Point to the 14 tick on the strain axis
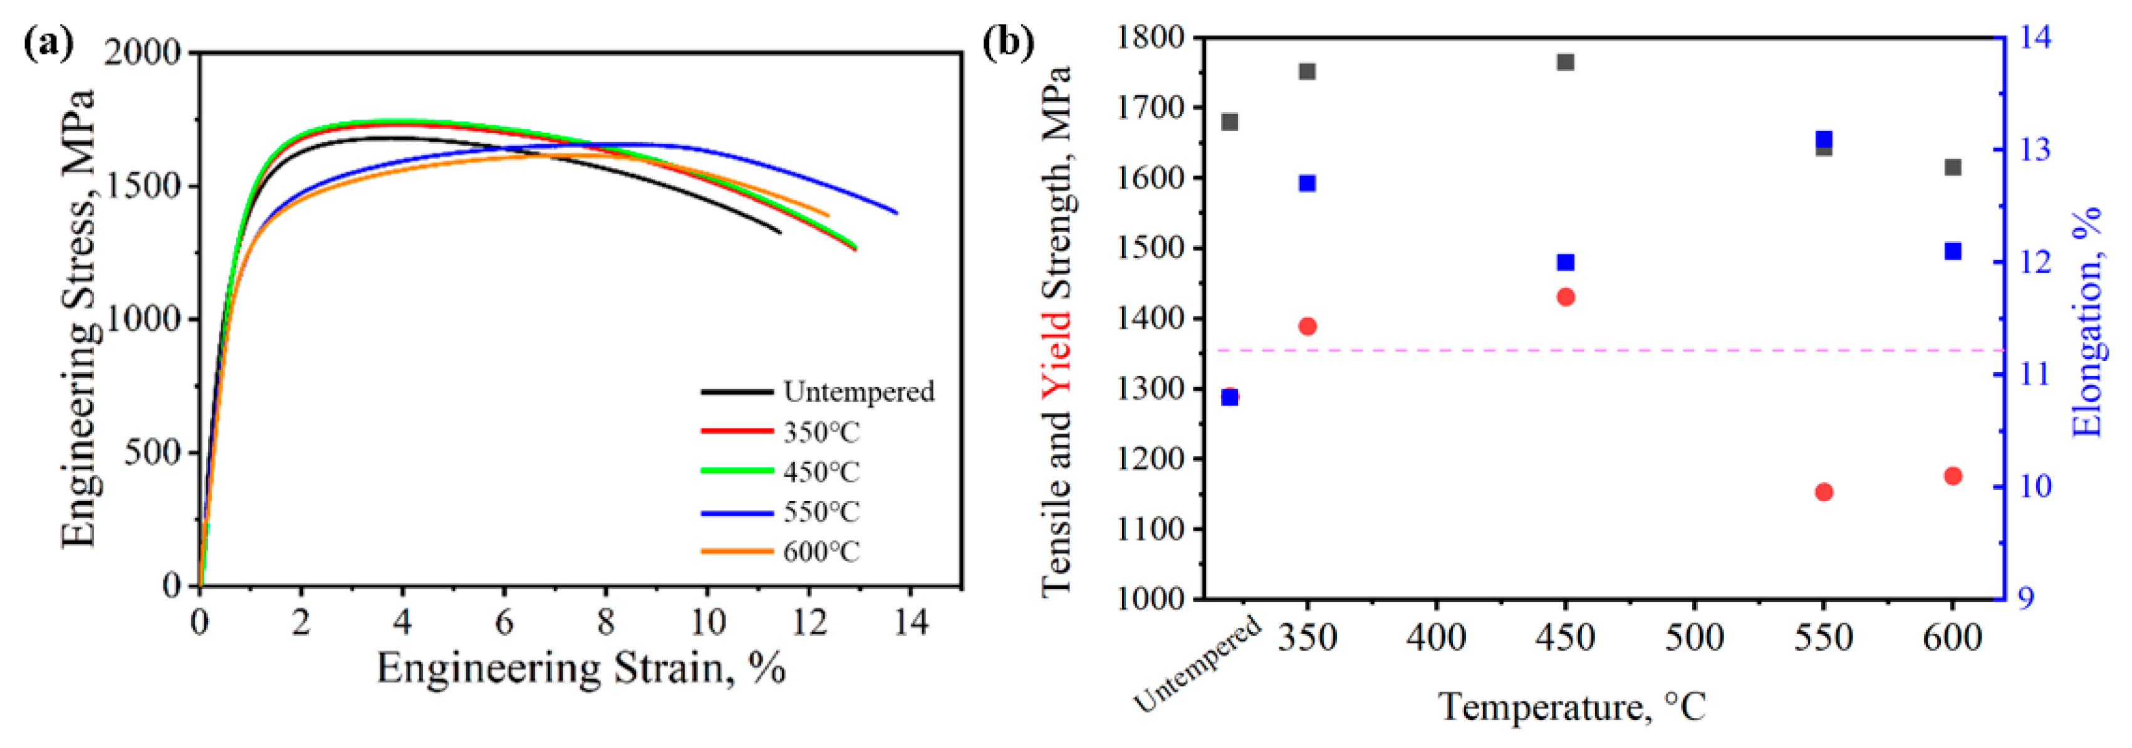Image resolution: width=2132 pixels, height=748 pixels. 910,621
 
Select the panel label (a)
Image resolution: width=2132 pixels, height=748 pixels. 49,41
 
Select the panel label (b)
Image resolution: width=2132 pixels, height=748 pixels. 1007,41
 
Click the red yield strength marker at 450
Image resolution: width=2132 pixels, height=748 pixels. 1565,297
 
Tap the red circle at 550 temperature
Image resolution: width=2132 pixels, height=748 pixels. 1823,492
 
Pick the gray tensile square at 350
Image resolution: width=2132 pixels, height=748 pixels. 1307,72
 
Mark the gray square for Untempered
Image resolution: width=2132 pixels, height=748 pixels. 1230,122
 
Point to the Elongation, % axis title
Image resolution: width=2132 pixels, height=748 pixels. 2089,321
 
